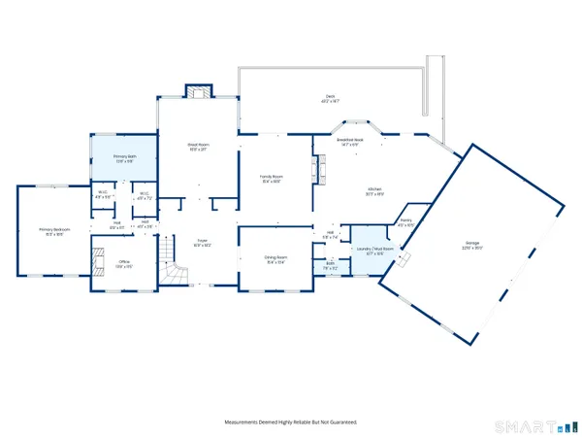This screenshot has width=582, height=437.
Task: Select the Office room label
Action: (x=124, y=263)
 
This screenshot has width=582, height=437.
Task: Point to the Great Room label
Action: (x=199, y=147)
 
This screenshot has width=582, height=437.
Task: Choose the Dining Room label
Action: (x=275, y=259)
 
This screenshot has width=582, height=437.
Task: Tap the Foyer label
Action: (x=202, y=242)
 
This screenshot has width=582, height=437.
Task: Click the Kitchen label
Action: (x=374, y=191)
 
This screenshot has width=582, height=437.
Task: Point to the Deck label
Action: (x=330, y=97)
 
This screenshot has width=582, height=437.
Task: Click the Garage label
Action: (x=472, y=243)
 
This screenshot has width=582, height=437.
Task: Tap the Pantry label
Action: (x=405, y=222)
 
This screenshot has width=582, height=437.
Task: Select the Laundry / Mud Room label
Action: (x=375, y=250)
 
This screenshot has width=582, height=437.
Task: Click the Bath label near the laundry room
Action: (x=331, y=265)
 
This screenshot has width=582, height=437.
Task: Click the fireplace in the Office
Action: (x=96, y=263)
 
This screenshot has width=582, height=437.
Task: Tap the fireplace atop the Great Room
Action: (x=198, y=93)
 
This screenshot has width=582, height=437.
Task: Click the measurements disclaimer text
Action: (x=291, y=422)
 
